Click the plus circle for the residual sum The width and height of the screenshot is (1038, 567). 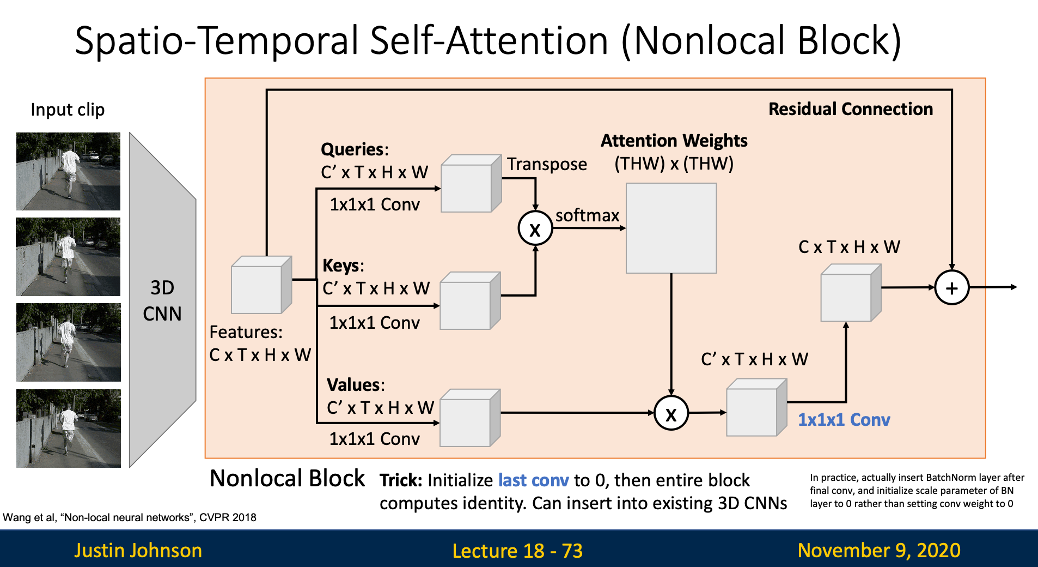pos(951,288)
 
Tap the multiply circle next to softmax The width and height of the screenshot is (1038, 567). pos(535,229)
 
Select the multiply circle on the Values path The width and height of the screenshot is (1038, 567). pos(671,414)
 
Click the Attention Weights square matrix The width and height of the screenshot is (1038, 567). pos(671,228)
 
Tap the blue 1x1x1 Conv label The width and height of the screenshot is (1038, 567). pos(844,420)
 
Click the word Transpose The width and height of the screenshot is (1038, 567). pos(547,164)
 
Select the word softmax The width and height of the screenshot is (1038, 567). pos(587,215)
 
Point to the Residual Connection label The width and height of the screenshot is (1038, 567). pos(850,109)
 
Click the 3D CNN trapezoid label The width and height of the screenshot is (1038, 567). pos(162,300)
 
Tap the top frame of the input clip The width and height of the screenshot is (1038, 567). pos(68,171)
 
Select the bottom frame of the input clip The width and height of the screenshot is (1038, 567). pos(68,428)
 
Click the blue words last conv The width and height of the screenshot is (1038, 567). pos(533,480)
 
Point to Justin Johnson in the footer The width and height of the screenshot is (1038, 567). pos(138,550)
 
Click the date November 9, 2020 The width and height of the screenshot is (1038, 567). pos(878,550)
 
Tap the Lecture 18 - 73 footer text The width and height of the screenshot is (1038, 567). pos(517,551)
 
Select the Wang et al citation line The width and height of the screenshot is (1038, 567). pos(130,517)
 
